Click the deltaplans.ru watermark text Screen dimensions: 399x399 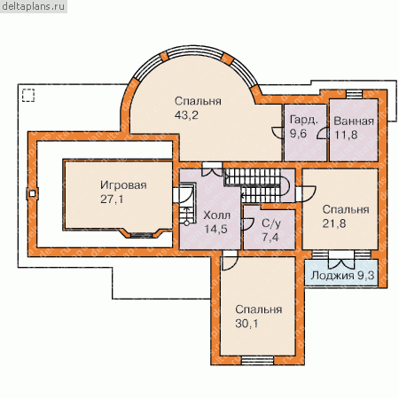pyautogui.click(x=33, y=6)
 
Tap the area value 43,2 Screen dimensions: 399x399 pyautogui.click(x=186, y=115)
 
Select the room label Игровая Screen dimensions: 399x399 pyautogui.click(x=123, y=185)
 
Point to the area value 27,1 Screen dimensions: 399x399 pyautogui.click(x=112, y=199)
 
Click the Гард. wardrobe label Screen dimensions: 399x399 pyautogui.click(x=304, y=120)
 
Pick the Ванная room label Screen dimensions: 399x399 pyautogui.click(x=354, y=121)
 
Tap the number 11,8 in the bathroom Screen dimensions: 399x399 pyautogui.click(x=346, y=135)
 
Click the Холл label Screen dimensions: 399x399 pyautogui.click(x=216, y=215)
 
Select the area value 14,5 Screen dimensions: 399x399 pyautogui.click(x=215, y=229)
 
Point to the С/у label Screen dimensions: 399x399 pyautogui.click(x=271, y=223)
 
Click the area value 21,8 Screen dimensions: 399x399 pyautogui.click(x=334, y=223)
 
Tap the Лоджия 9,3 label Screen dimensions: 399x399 pyautogui.click(x=342, y=276)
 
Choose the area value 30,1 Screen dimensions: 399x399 pyautogui.click(x=246, y=324)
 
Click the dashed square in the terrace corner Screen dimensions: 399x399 pyautogui.click(x=28, y=95)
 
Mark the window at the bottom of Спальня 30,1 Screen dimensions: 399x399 pyautogui.click(x=257, y=360)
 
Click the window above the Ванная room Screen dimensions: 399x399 pyautogui.click(x=354, y=94)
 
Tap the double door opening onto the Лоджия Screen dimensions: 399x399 pyautogui.click(x=341, y=260)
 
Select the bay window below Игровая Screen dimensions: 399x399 pyautogui.click(x=142, y=234)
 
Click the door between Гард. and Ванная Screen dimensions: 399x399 pyautogui.click(x=323, y=133)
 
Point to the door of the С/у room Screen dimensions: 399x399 pyautogui.click(x=247, y=224)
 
